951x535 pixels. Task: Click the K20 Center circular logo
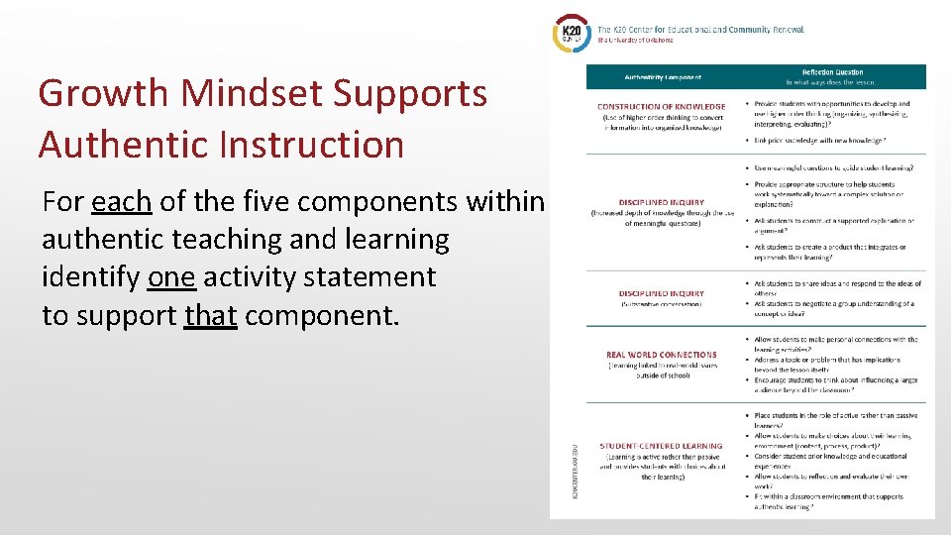(573, 33)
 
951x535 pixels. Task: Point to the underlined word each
(122, 202)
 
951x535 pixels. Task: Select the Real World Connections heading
(661, 355)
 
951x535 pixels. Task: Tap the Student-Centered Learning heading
(662, 446)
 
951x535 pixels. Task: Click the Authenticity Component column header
(663, 77)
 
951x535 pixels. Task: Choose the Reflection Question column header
(832, 72)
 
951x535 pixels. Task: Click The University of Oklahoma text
(635, 41)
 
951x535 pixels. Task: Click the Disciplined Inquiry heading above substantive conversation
(662, 293)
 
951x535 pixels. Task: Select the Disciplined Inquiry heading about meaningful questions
(662, 203)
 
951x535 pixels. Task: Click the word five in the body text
(223, 202)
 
